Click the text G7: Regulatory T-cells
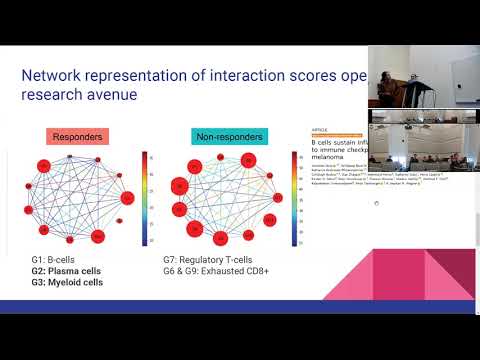(x=212, y=260)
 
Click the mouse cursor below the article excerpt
(x=375, y=204)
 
